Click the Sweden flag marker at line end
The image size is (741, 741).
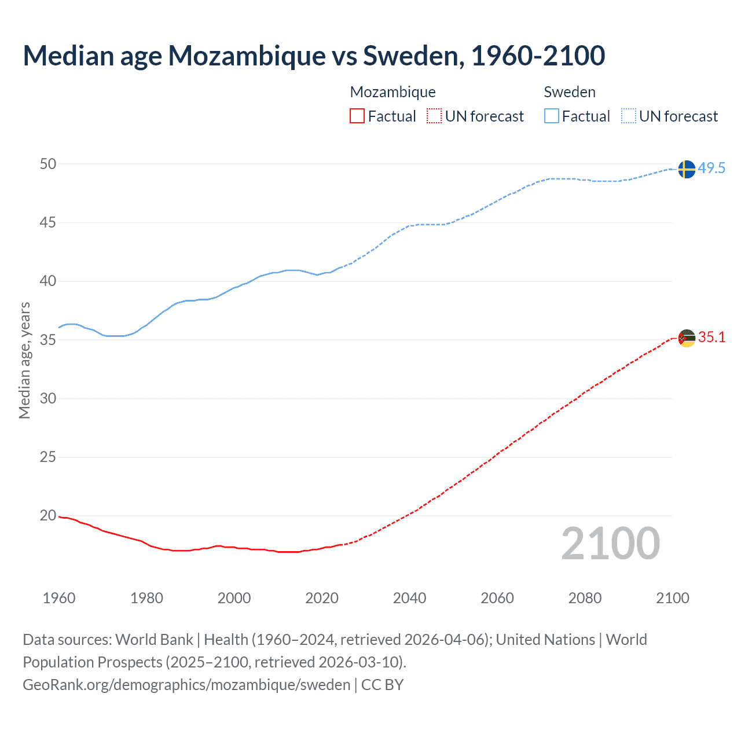tap(686, 169)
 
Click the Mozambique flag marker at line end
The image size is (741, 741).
tap(686, 338)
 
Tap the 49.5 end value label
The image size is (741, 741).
tap(711, 168)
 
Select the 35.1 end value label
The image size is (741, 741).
tap(711, 338)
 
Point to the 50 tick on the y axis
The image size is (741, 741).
tap(48, 164)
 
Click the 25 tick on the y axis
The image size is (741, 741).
tap(48, 457)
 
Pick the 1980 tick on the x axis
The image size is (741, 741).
tap(146, 598)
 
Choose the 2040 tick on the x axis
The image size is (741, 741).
tap(409, 598)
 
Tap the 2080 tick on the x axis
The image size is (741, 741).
tap(585, 598)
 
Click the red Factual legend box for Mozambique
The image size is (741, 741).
tap(357, 116)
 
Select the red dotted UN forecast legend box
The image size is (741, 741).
tap(434, 116)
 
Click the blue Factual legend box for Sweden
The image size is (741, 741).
tap(552, 116)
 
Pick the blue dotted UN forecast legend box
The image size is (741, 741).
tap(629, 116)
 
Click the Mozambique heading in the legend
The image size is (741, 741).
tap(392, 92)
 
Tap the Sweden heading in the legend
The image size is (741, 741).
tap(570, 92)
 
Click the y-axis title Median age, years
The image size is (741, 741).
tap(24, 360)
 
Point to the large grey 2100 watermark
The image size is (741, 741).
tap(610, 544)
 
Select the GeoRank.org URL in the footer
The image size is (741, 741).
tap(186, 685)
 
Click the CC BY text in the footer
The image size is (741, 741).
tap(382, 685)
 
